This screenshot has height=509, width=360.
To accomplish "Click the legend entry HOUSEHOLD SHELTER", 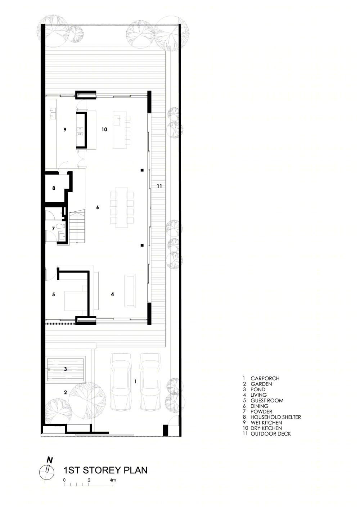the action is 275,417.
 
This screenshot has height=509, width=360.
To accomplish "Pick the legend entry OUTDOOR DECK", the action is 271,433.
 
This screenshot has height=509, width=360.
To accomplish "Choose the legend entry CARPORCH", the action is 265,378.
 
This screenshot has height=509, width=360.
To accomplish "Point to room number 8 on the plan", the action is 54,188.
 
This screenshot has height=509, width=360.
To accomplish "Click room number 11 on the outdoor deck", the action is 159,186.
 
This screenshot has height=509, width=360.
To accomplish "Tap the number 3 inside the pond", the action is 66,369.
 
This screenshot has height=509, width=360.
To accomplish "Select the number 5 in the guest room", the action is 54,294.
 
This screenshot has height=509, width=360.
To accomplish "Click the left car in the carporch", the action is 121,382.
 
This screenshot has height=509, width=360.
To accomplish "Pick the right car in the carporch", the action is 150,382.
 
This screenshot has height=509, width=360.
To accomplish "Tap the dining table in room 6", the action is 122,207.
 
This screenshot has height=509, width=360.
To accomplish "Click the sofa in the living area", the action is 130,291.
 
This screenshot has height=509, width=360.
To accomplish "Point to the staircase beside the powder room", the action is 77,227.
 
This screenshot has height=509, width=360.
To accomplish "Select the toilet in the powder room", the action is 59,226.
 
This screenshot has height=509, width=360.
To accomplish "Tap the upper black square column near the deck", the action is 142,170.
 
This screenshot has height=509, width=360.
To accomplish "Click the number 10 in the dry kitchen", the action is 104,130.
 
